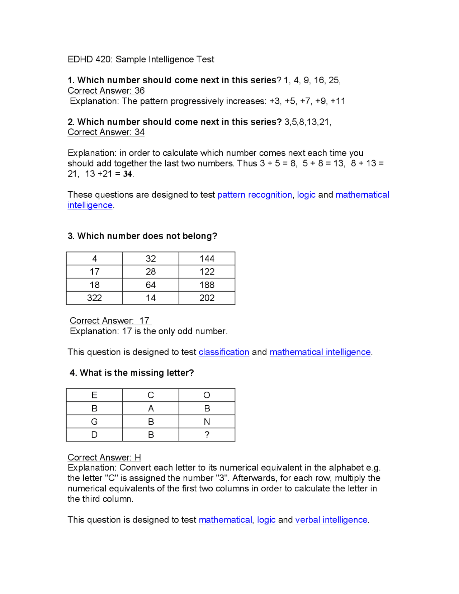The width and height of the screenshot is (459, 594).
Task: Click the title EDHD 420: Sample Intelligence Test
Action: click(x=141, y=59)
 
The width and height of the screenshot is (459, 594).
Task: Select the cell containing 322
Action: click(x=94, y=298)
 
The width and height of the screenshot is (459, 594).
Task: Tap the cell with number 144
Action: click(x=207, y=259)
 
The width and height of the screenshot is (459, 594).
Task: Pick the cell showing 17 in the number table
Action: click(x=94, y=272)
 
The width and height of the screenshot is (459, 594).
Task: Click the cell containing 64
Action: click(x=151, y=285)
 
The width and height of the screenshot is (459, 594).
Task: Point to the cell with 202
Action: click(x=207, y=298)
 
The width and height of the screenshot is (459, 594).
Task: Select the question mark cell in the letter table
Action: click(x=207, y=435)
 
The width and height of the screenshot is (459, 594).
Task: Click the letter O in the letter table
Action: click(x=207, y=395)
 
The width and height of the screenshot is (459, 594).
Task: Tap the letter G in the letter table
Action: click(x=94, y=421)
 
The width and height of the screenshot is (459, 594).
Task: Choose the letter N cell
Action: click(x=207, y=421)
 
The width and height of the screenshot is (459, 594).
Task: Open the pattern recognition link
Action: click(x=255, y=195)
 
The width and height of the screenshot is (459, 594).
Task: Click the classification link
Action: click(x=224, y=352)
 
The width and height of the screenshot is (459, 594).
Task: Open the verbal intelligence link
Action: click(x=331, y=520)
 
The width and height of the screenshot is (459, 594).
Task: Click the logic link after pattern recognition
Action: click(x=306, y=195)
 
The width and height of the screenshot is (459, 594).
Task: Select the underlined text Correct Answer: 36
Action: click(x=106, y=91)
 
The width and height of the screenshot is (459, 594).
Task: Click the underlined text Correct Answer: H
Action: click(x=104, y=457)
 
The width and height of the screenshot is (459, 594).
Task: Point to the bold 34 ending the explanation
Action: click(x=128, y=174)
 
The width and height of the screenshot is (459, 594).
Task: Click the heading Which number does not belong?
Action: click(x=142, y=236)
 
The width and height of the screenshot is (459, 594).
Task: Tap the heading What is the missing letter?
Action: click(x=132, y=373)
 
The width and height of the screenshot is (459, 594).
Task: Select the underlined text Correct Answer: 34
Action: click(x=106, y=132)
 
